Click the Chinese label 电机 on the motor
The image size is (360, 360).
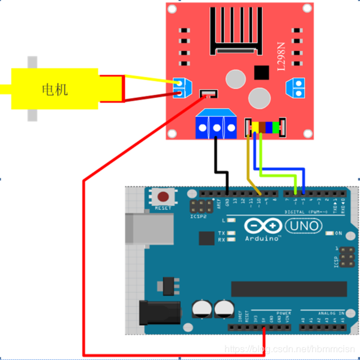tap(55, 90)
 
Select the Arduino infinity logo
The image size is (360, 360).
tap(263, 226)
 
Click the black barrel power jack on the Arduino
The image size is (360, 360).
tap(159, 313)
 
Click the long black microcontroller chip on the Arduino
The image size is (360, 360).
tap(288, 289)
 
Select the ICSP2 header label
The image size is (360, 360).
tap(199, 216)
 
